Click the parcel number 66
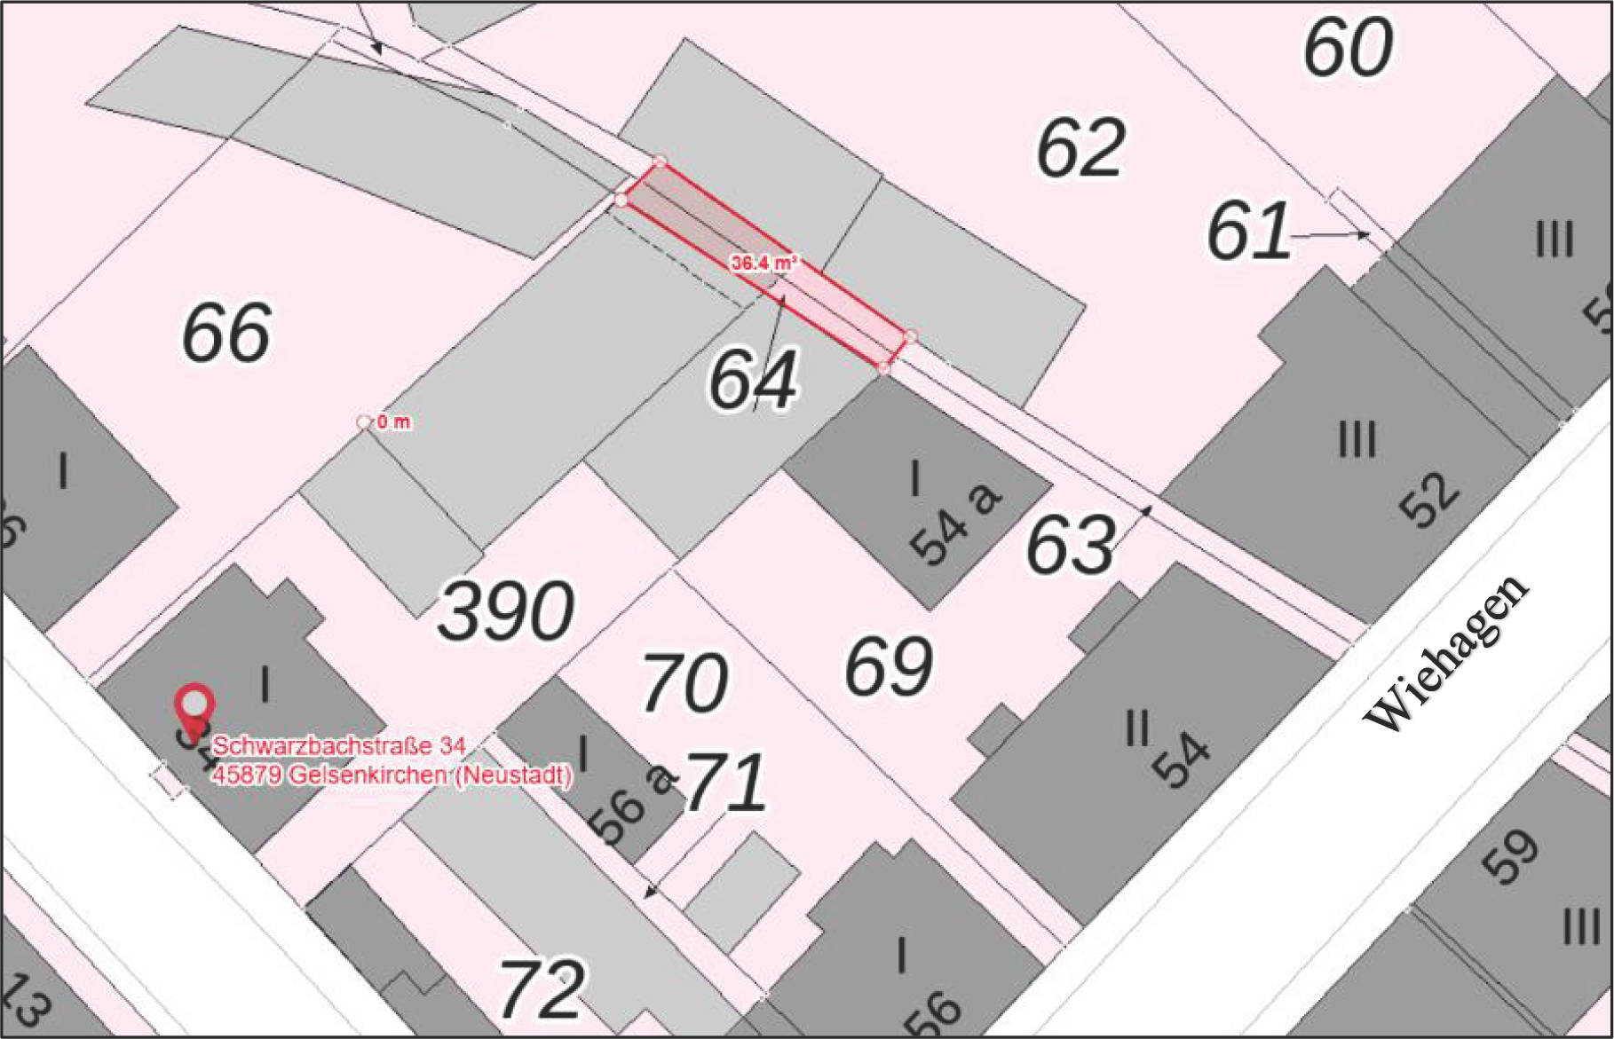(226, 334)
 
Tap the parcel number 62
(1080, 147)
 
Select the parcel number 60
(1348, 47)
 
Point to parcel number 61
(1248, 231)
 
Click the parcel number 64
(753, 379)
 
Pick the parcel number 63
(1070, 544)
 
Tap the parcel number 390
(506, 611)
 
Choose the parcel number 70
(684, 683)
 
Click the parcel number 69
(888, 665)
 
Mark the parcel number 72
(542, 988)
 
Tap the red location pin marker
(194, 707)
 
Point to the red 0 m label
(393, 422)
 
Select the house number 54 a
(955, 523)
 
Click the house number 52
(1428, 500)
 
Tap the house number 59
(1510, 857)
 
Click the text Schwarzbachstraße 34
(338, 744)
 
